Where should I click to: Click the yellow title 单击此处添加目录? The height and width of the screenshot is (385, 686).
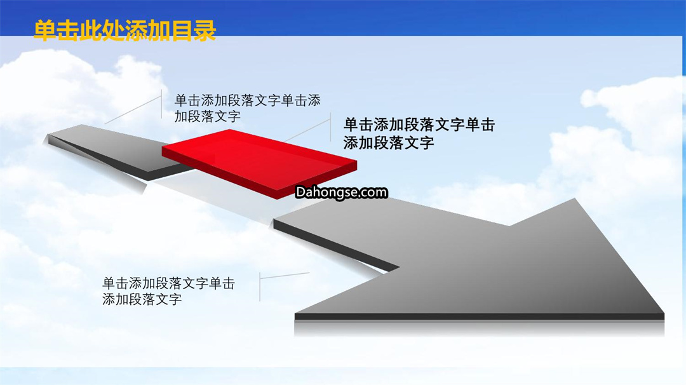(124, 30)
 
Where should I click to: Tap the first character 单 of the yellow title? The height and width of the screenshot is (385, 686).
(45, 30)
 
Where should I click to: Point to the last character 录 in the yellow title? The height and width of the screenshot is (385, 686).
(205, 30)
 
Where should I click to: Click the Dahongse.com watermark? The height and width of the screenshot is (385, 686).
(341, 192)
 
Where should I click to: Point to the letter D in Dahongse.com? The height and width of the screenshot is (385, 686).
(300, 192)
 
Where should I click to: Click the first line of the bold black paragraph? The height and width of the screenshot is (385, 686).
(419, 125)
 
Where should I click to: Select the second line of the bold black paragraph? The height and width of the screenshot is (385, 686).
(389, 142)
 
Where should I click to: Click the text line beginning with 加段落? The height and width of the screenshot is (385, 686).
(207, 116)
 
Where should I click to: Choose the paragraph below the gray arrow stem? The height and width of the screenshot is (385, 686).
(168, 292)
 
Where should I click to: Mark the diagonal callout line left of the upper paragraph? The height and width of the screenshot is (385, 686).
(133, 110)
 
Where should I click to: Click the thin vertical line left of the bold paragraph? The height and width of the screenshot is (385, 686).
(330, 130)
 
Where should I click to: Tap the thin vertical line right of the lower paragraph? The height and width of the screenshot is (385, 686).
(260, 287)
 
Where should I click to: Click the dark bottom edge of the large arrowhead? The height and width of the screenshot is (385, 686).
(480, 317)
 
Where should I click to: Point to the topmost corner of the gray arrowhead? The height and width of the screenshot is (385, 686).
(574, 199)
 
